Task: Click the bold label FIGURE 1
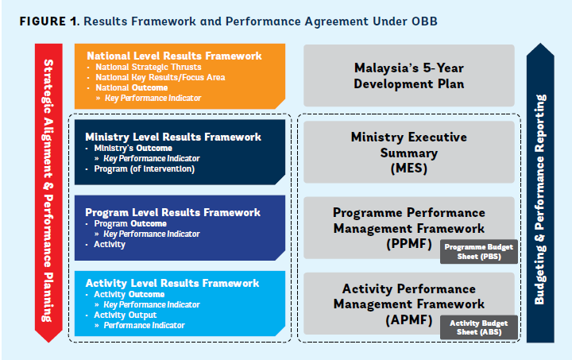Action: click(x=49, y=21)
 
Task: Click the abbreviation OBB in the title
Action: click(x=424, y=21)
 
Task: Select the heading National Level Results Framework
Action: click(x=174, y=56)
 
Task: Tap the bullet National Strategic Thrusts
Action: click(x=148, y=67)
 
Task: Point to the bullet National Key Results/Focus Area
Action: click(x=160, y=77)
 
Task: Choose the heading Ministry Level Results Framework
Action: click(x=173, y=137)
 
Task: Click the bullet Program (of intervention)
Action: click(x=144, y=169)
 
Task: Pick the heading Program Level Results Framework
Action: click(x=172, y=212)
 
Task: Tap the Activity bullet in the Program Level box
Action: click(x=110, y=245)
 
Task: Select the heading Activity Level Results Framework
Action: click(x=172, y=283)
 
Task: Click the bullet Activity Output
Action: click(x=126, y=315)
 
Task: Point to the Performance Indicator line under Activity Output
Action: click(x=144, y=325)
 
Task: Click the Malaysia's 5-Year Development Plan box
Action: click(x=409, y=75)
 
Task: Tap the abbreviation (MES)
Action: click(x=409, y=169)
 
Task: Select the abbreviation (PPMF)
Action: click(x=409, y=244)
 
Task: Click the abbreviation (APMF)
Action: click(x=409, y=320)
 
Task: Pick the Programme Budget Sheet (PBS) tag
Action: click(x=478, y=252)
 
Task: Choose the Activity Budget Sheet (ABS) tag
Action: click(x=478, y=327)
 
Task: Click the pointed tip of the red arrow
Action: click(x=48, y=343)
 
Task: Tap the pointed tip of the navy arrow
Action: click(x=540, y=44)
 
